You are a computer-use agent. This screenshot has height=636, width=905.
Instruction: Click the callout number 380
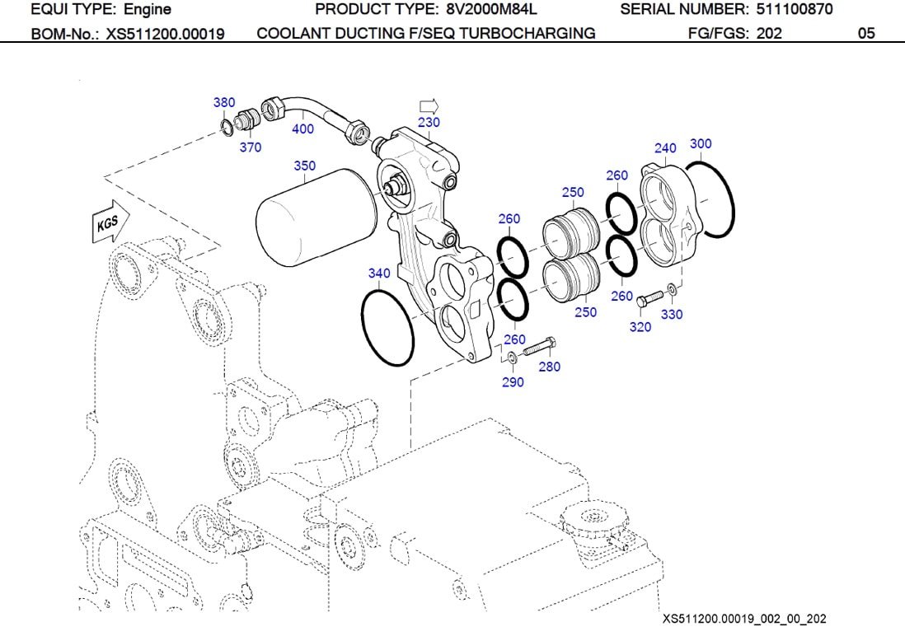223,103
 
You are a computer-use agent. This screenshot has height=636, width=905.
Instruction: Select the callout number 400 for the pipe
302,129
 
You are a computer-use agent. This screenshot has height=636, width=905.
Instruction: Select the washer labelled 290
513,356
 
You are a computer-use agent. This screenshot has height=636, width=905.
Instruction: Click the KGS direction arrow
106,223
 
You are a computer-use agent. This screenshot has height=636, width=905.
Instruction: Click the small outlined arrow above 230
429,106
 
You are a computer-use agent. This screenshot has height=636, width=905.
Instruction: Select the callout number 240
665,148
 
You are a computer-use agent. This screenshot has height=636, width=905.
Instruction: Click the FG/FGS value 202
770,35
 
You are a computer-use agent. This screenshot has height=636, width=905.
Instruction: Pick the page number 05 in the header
865,35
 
